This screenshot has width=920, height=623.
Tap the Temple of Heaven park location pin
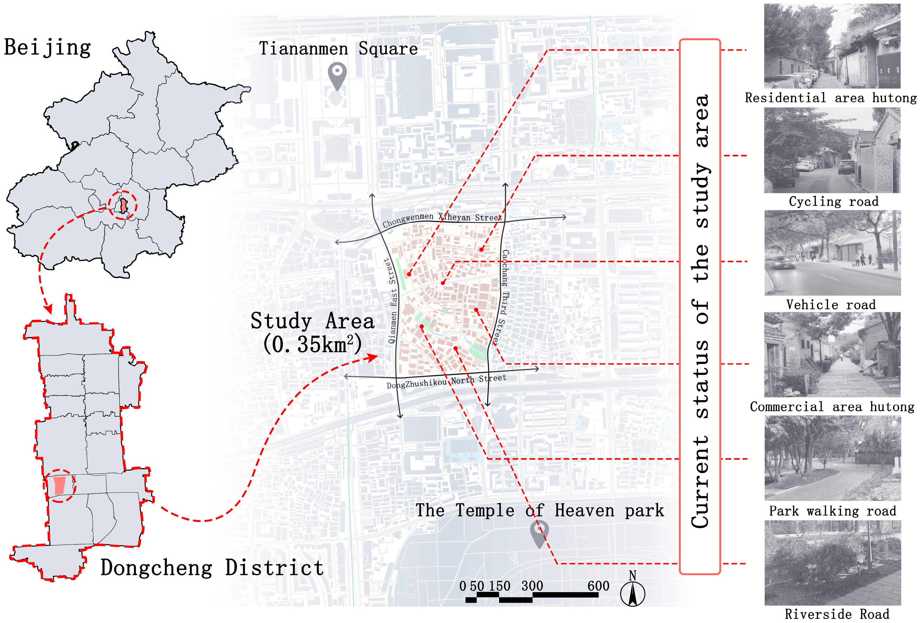[x=539, y=532]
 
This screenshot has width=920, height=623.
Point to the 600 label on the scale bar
[x=598, y=586]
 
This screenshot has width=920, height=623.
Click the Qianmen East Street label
[x=391, y=301]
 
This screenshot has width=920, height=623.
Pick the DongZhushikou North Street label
[x=446, y=382]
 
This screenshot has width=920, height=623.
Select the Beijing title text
[x=47, y=47]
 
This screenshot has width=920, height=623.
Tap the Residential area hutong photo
[x=832, y=46]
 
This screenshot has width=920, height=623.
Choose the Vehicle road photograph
[x=832, y=253]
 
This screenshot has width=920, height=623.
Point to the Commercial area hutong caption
[x=832, y=407]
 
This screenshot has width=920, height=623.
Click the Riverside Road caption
[x=837, y=614]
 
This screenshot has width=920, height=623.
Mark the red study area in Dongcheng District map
[x=59, y=486]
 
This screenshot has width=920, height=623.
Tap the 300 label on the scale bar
[x=532, y=586]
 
